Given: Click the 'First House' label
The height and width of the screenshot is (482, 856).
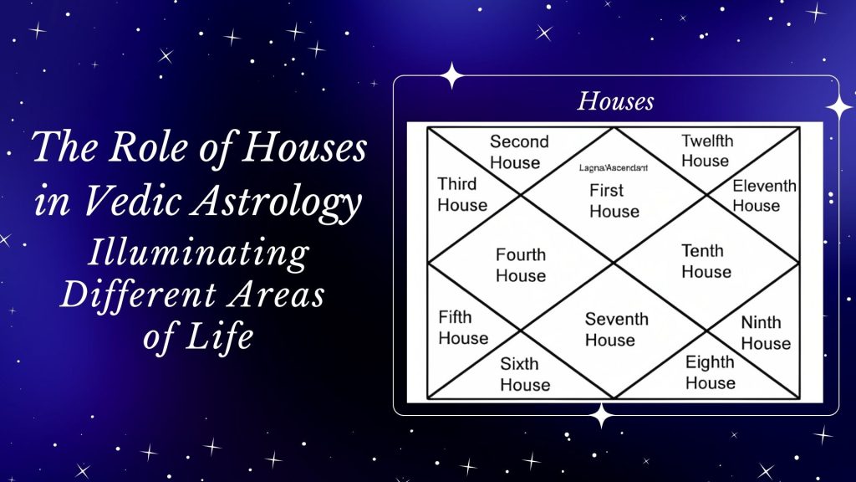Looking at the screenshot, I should coord(614,201).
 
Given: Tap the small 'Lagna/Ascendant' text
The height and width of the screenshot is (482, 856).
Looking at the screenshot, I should coord(614,168).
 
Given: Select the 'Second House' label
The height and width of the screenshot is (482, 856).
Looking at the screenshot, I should coord(518,151).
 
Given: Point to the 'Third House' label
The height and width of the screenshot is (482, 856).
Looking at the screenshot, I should coord(462,194).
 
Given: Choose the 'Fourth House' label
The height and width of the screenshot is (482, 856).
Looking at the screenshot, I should coord(520,265).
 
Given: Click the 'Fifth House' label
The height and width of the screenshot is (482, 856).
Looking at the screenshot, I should coord(463,327).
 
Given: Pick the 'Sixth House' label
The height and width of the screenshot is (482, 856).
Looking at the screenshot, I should coord(525,374).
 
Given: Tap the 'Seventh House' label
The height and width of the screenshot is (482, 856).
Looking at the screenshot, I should coord(616,330).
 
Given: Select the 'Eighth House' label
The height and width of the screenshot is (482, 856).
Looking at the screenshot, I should coord(710,372).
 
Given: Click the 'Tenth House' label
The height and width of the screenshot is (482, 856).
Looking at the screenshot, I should coord(706,261).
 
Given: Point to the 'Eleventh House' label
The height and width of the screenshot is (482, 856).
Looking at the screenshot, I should coord(764,195).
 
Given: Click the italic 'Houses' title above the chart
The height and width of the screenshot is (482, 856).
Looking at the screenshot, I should coord(615,102).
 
